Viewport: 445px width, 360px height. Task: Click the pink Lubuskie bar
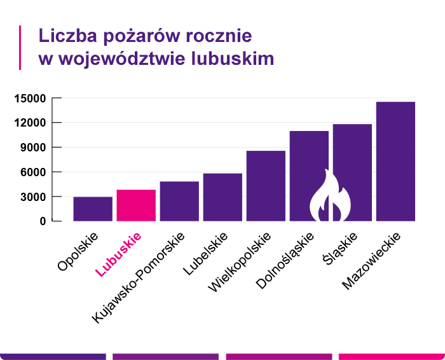click(x=136, y=205)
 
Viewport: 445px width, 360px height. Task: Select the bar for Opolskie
click(x=93, y=209)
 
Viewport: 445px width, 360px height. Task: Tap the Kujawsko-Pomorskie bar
click(x=179, y=202)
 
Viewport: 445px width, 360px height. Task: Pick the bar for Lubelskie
click(x=222, y=197)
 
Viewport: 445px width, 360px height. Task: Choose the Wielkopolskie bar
click(x=266, y=186)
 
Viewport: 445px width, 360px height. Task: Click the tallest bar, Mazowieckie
click(x=395, y=162)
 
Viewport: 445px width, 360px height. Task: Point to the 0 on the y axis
click(x=43, y=221)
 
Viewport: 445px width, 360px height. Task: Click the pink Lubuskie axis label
click(x=118, y=254)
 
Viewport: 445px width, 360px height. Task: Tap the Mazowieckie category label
click(x=373, y=262)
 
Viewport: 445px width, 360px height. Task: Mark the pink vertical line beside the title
click(x=21, y=47)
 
